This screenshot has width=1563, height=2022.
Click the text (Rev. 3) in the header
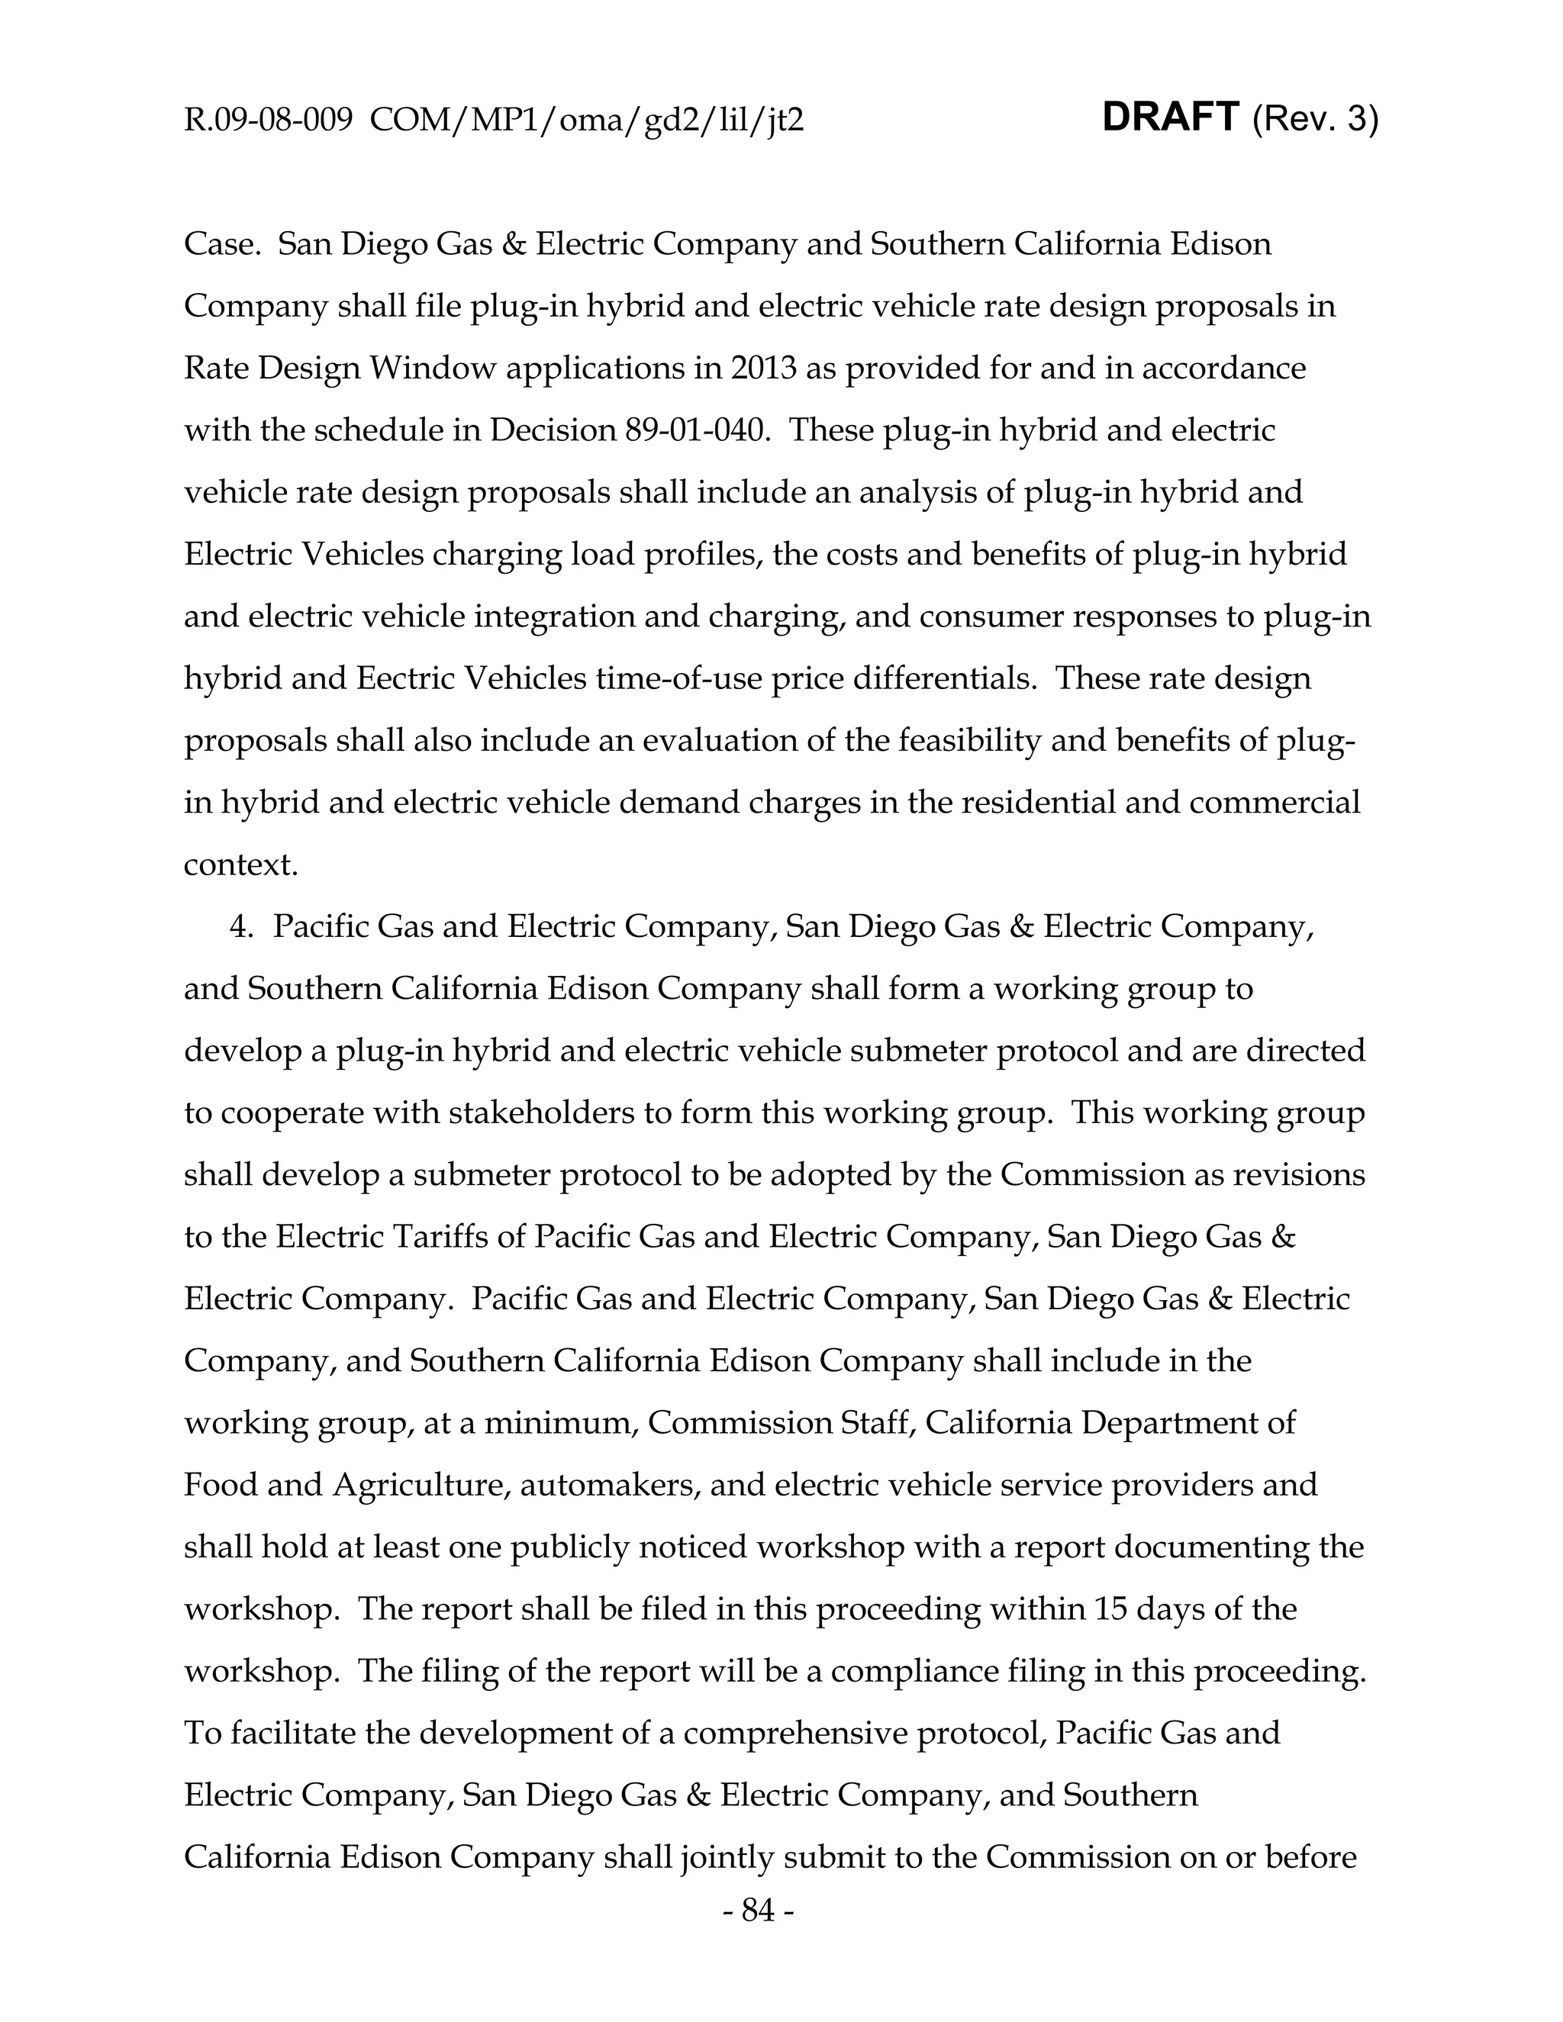(1315, 120)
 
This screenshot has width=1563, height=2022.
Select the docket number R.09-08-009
(268, 121)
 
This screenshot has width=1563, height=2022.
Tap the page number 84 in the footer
(757, 1910)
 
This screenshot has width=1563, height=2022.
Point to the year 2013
(763, 369)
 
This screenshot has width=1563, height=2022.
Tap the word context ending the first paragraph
(240, 865)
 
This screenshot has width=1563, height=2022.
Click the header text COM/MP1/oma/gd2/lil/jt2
(586, 121)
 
